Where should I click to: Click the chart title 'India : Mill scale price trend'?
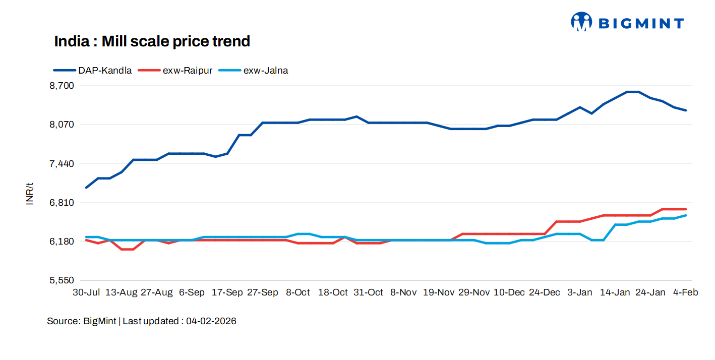coord(152,41)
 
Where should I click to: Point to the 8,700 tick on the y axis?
coord(61,86)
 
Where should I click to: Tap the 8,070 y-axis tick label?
coord(61,125)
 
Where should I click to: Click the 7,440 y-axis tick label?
coord(61,164)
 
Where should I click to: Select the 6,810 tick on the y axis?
coord(61,203)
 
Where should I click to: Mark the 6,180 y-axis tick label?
coord(61,242)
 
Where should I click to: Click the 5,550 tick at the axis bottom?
coord(61,280)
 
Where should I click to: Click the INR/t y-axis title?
coord(30,194)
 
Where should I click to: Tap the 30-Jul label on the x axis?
coord(86,293)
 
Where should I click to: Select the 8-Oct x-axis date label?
coord(297,293)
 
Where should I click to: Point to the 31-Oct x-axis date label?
coord(368,293)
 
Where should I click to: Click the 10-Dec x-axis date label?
coord(509,293)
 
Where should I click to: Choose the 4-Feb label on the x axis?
coord(686,293)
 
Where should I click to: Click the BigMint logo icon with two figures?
coord(581,22)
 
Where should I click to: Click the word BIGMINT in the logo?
coord(640,23)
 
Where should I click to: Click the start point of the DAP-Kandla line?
coord(87,188)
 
